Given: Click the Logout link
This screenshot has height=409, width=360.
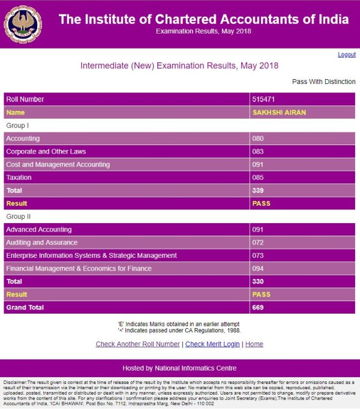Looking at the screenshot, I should click(346, 55).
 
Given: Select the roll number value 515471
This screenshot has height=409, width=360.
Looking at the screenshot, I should click(263, 99).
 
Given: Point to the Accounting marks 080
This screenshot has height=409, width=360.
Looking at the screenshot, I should click(259, 139).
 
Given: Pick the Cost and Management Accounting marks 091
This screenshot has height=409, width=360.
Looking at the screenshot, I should click(259, 164).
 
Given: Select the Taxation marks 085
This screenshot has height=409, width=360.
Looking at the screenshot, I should click(259, 178).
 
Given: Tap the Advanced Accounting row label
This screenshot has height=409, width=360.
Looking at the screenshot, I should click(38, 229).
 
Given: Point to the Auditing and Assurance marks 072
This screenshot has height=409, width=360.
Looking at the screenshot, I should click(259, 242).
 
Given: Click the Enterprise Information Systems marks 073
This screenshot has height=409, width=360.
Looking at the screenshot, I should click(259, 255).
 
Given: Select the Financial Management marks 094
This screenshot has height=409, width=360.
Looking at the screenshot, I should click(259, 269).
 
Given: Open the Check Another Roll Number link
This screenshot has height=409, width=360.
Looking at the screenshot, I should click(138, 344).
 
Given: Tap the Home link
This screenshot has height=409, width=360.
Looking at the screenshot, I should click(254, 344).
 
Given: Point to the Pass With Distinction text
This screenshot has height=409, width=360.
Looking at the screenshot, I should click(323, 82).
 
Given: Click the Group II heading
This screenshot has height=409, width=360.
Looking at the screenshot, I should click(18, 216).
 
